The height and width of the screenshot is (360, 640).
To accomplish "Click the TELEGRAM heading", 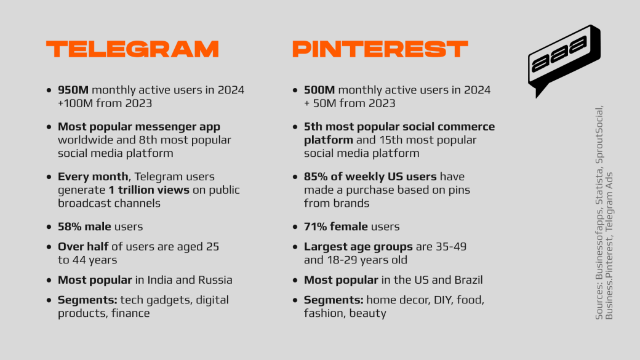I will tap(132, 49).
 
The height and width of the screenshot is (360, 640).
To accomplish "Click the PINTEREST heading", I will tap(380, 49).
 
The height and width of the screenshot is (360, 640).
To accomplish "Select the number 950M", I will tap(73, 90).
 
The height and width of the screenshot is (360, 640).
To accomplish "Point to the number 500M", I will tap(319, 90).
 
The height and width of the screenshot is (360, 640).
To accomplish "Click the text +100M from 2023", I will tap(105, 103).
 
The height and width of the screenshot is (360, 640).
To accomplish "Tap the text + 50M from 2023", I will tap(350, 103).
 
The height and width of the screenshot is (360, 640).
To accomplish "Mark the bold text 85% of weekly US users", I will tap(370, 177).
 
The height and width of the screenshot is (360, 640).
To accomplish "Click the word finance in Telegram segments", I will tap(130, 313).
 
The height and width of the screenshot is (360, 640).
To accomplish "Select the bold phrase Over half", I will tap(83, 247).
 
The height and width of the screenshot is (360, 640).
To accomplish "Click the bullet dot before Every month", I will tap(49, 177).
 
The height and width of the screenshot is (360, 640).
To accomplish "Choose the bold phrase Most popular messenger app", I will tap(138, 127).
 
